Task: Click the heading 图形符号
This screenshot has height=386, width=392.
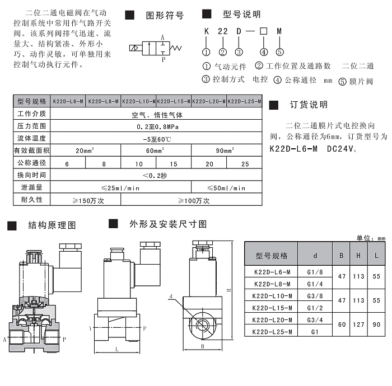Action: pyautogui.click(x=165, y=16)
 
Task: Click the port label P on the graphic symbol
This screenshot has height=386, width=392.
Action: pyautogui.click(x=163, y=58)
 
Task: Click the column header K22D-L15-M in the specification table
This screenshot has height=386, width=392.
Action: pyautogui.click(x=174, y=101)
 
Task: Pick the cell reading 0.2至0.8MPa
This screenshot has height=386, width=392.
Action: pyautogui.click(x=157, y=126)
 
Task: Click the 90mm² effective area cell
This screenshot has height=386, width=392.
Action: pyautogui.click(x=226, y=150)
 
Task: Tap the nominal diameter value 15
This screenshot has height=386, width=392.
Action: pyautogui.click(x=174, y=163)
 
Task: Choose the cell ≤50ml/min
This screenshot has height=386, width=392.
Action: pyautogui.click(x=226, y=188)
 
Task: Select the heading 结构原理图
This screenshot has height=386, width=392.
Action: pyautogui.click(x=52, y=225)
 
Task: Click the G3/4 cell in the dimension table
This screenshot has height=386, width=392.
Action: pyautogui.click(x=315, y=320)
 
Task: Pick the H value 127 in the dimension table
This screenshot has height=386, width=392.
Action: pyautogui.click(x=359, y=325)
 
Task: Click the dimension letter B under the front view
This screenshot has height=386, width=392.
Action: pyautogui.click(x=202, y=345)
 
